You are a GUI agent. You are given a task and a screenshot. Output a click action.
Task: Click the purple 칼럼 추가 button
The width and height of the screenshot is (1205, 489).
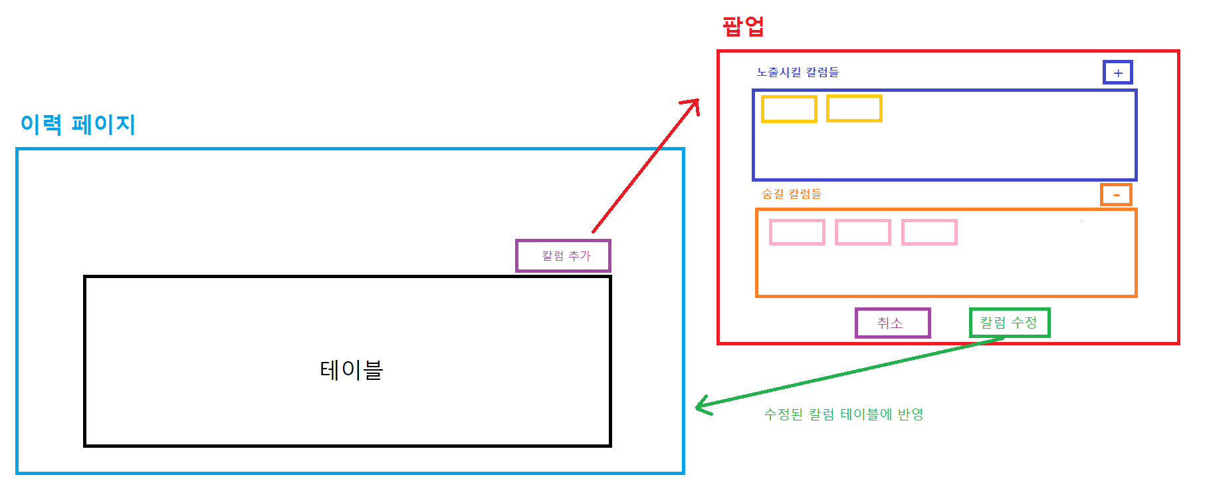(563, 256)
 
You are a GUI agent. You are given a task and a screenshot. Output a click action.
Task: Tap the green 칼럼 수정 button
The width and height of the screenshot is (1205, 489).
(1009, 323)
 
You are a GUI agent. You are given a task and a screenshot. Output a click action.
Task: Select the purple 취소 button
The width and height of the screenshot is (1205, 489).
(892, 323)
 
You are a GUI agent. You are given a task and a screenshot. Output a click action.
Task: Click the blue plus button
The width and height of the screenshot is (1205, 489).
(1118, 73)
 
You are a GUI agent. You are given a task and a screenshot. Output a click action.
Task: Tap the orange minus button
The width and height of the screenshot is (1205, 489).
(1116, 194)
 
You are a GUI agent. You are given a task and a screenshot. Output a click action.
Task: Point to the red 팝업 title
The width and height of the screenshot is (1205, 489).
(743, 27)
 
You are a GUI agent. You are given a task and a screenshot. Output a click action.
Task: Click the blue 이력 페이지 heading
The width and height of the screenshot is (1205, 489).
(78, 124)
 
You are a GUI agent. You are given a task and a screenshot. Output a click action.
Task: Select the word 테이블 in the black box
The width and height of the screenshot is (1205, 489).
(351, 370)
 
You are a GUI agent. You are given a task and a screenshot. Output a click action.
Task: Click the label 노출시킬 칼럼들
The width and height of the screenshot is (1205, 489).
(798, 72)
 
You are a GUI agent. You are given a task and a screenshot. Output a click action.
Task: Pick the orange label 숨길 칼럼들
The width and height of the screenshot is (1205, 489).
(792, 194)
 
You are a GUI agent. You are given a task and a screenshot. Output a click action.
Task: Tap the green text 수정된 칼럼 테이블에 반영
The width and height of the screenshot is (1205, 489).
(843, 414)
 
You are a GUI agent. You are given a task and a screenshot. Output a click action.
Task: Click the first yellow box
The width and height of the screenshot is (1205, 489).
(789, 109)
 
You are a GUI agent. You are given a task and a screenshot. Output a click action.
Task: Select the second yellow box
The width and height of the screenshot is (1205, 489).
(854, 108)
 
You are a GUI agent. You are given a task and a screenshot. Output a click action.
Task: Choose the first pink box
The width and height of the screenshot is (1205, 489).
(797, 232)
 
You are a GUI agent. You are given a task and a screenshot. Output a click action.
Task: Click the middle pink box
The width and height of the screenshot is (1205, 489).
(863, 232)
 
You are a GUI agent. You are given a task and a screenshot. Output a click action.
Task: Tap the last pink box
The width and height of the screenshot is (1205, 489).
(929, 232)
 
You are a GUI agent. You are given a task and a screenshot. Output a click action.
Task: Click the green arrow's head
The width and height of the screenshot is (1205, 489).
(699, 405)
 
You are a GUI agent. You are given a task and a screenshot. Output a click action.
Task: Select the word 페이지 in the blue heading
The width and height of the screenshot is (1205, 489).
(104, 124)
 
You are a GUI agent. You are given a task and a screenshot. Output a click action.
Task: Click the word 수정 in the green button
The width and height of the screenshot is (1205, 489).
(1024, 323)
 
